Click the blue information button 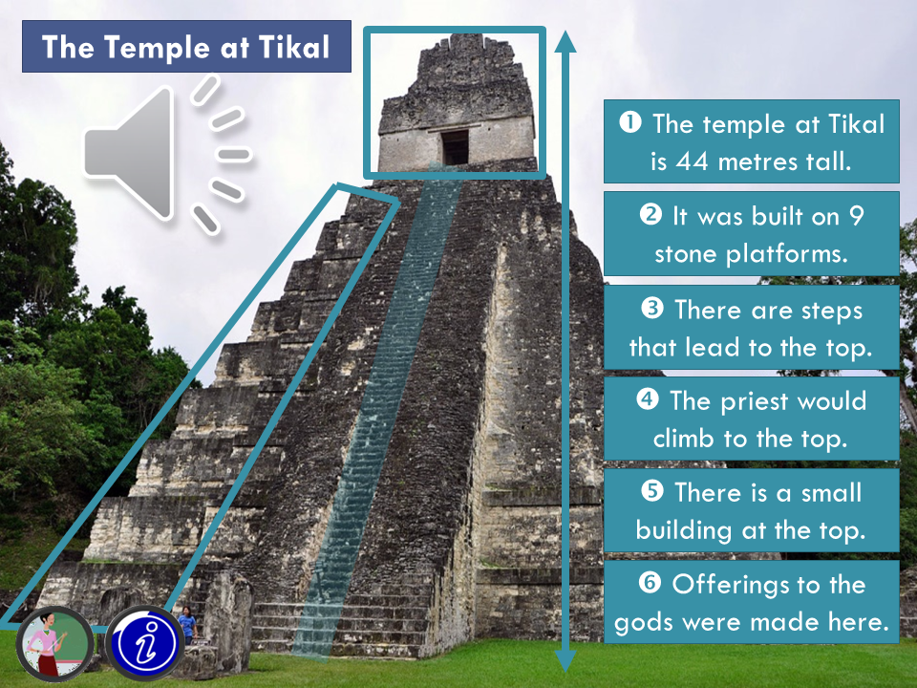point(144,643)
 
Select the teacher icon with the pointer point(54,643)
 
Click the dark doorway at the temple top point(455,147)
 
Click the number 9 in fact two point(856,216)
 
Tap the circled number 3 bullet point(652,308)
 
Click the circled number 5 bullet point(652,491)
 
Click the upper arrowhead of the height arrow point(565,42)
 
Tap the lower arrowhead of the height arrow point(565,660)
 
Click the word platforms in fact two point(786,254)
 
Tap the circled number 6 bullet point(650,583)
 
